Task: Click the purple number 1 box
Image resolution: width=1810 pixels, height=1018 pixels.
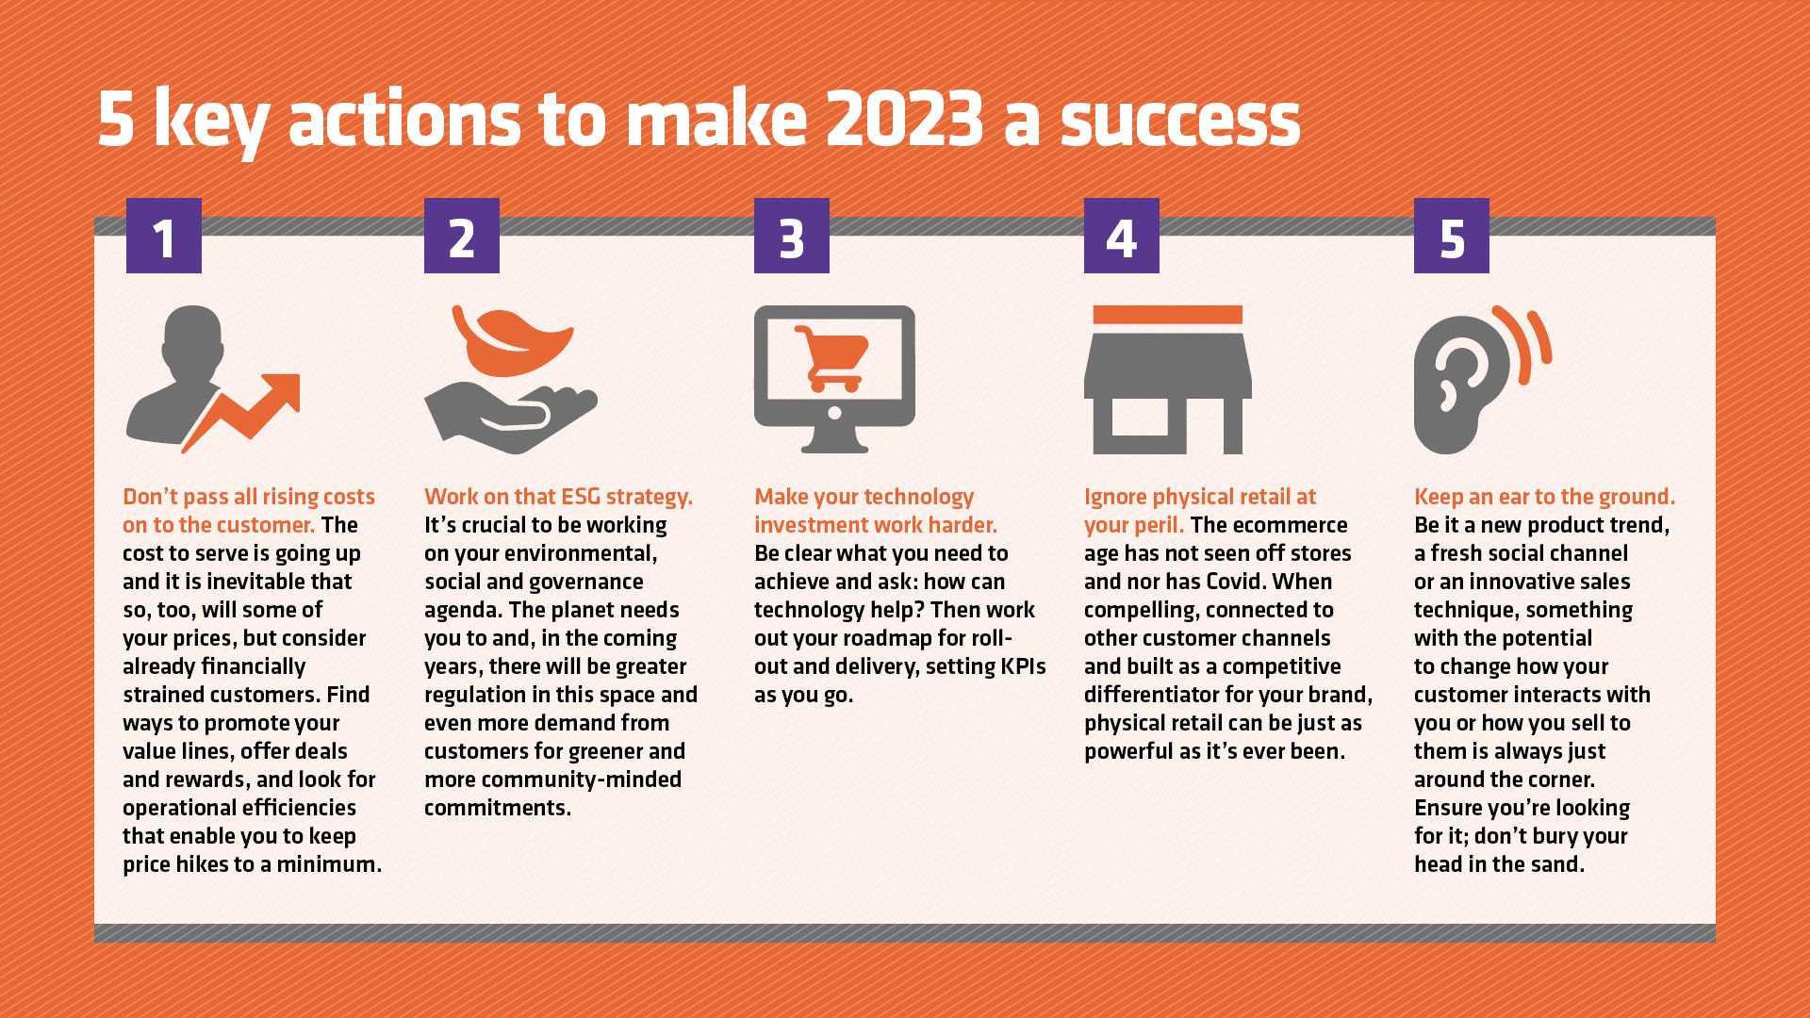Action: click(x=164, y=236)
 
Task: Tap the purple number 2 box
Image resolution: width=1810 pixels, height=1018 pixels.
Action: click(x=462, y=236)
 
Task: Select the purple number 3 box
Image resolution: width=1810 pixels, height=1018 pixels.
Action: click(x=792, y=236)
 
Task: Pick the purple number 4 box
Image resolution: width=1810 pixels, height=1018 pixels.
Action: click(x=1122, y=236)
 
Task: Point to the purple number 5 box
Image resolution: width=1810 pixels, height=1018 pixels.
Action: click(x=1452, y=236)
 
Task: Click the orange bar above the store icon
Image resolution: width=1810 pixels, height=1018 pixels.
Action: click(x=1167, y=315)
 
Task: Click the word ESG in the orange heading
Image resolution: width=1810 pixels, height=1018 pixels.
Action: click(x=580, y=497)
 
